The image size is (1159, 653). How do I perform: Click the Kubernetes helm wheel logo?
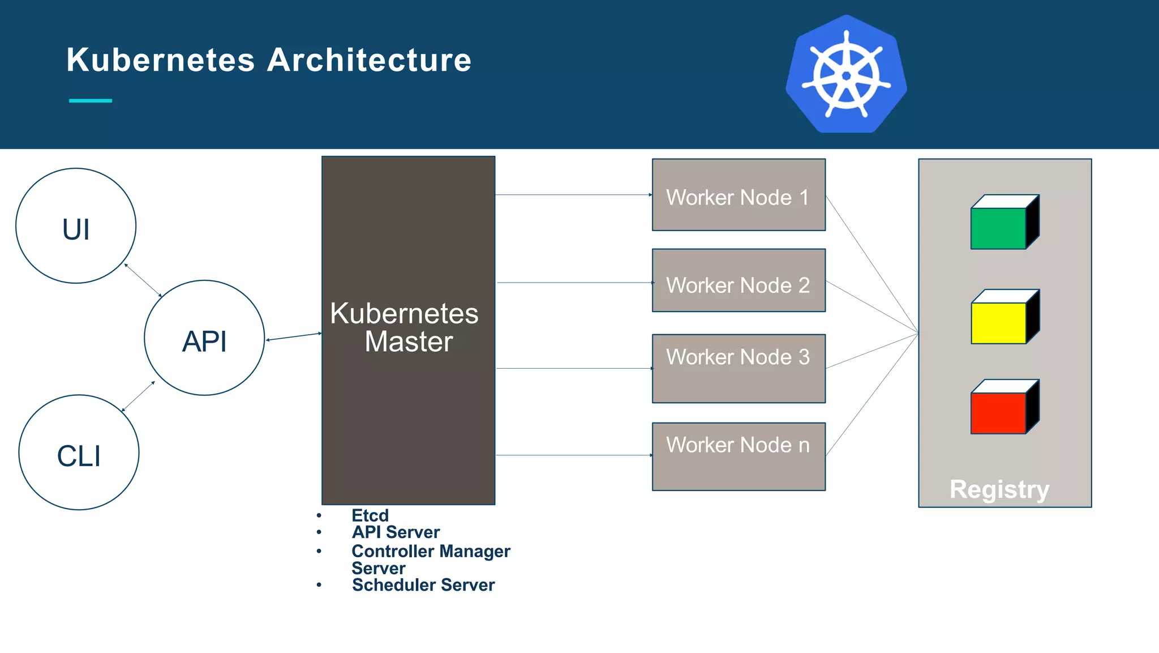[x=846, y=75]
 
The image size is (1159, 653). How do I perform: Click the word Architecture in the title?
[x=369, y=60]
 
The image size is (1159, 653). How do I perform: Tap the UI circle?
[x=76, y=226]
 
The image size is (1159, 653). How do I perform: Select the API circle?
[x=204, y=338]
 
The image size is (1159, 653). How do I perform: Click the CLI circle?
[x=79, y=453]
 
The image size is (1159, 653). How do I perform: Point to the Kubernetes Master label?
[x=405, y=327]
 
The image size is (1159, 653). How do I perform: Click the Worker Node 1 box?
[x=739, y=195]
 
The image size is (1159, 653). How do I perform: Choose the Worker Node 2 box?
[x=739, y=281]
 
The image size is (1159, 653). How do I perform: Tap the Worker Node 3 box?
[x=739, y=369]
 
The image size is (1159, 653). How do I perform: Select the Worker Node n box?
[x=739, y=456]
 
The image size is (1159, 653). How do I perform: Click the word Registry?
[x=999, y=489]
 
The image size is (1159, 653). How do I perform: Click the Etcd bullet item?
[x=370, y=515]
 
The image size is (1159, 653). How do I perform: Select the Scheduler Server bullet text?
[x=423, y=585]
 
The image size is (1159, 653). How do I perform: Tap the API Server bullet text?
[x=396, y=532]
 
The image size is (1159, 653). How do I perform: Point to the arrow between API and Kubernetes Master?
[x=294, y=336]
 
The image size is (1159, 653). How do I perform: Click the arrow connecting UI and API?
[x=143, y=280]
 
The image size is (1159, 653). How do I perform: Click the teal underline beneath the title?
[x=91, y=101]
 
